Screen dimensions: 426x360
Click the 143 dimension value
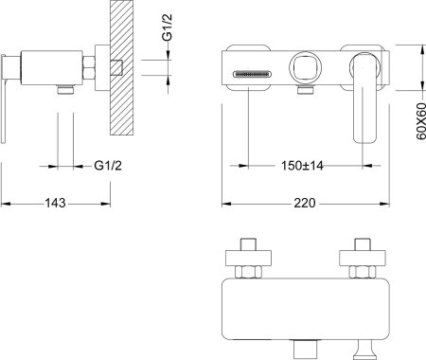(x=55, y=203)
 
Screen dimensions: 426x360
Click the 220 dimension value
(x=305, y=203)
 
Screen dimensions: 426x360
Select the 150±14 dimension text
(x=302, y=166)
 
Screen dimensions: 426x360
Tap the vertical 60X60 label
(x=421, y=121)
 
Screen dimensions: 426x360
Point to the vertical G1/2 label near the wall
(x=168, y=27)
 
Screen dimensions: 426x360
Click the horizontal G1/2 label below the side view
(x=108, y=165)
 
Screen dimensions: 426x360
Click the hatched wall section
(x=121, y=67)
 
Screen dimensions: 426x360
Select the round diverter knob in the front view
(x=306, y=67)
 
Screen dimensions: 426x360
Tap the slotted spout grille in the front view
(x=252, y=74)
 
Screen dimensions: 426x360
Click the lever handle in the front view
(x=364, y=98)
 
